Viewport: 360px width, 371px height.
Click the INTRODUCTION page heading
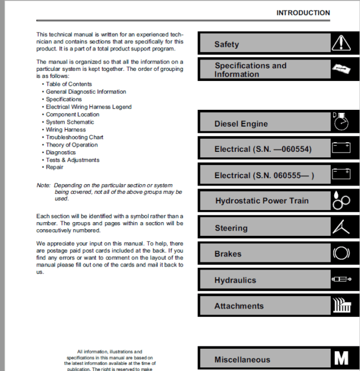pyautogui.click(x=303, y=13)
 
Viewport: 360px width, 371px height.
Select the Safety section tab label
pyautogui.click(x=227, y=44)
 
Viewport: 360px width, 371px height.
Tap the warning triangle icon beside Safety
pyautogui.click(x=340, y=43)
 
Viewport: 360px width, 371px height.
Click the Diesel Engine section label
pyautogui.click(x=241, y=124)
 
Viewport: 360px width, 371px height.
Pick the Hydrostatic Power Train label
pyautogui.click(x=263, y=201)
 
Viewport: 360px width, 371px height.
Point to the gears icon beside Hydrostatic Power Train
pyautogui.click(x=340, y=201)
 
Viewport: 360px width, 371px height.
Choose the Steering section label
pyautogui.click(x=231, y=228)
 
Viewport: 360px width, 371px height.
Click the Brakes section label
pyautogui.click(x=228, y=254)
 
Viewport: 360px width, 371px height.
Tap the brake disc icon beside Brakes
pyautogui.click(x=340, y=253)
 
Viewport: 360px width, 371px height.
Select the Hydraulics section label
pyautogui.click(x=235, y=280)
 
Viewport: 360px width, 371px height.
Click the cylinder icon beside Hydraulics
pyautogui.click(x=340, y=280)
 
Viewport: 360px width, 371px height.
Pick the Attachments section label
pyautogui.click(x=239, y=306)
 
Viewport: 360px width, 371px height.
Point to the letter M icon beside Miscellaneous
pyautogui.click(x=340, y=359)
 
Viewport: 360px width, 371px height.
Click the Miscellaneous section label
pyautogui.click(x=242, y=360)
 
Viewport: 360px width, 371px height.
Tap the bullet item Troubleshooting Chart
pyautogui.click(x=74, y=137)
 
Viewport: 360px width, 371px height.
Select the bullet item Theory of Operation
pyautogui.click(x=71, y=145)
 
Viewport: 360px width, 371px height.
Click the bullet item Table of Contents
pyautogui.click(x=68, y=84)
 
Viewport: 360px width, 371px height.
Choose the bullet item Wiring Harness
pyautogui.click(x=65, y=130)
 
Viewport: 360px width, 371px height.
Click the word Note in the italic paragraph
pyautogui.click(x=43, y=185)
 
